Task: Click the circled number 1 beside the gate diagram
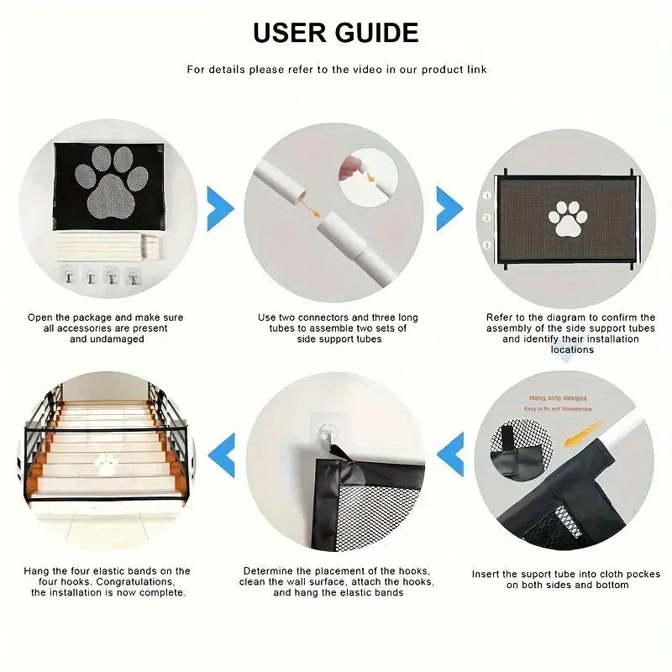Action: [x=486, y=194]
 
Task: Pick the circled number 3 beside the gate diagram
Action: [x=486, y=244]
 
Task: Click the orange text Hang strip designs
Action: [x=559, y=398]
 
